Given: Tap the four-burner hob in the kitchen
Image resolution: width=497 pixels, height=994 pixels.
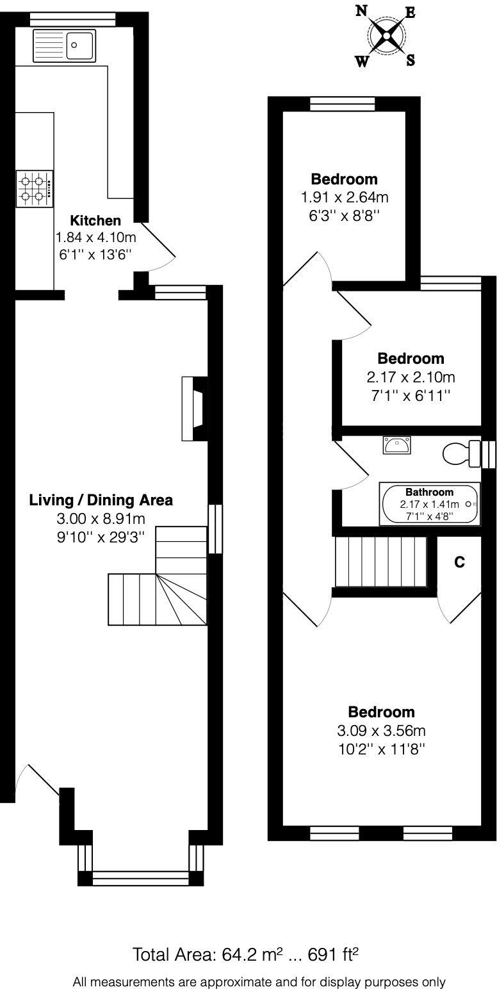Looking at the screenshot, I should click(x=35, y=189).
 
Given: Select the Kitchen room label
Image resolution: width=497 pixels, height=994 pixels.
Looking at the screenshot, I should click(x=95, y=221).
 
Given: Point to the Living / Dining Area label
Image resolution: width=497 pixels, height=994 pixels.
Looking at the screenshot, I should click(x=101, y=500).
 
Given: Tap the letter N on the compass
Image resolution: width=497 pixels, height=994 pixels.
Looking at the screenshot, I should click(x=361, y=11).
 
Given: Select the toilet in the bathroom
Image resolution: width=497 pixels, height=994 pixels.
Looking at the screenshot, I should click(x=462, y=453).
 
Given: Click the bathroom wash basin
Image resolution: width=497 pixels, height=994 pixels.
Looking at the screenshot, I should click(x=397, y=444).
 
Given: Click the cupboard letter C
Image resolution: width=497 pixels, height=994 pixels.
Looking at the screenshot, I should click(x=459, y=562).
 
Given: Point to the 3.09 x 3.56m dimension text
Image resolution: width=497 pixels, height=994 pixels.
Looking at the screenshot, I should click(x=381, y=730).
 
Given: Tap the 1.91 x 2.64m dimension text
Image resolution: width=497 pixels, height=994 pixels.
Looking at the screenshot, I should click(x=345, y=197).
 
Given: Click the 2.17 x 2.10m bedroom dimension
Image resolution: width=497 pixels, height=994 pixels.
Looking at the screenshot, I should click(x=411, y=377).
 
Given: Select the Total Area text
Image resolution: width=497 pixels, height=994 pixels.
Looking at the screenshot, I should click(x=245, y=955).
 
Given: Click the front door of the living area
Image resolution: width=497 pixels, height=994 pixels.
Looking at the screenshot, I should click(x=38, y=785).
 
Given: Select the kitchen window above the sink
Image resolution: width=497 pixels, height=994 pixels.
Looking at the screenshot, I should click(x=72, y=19).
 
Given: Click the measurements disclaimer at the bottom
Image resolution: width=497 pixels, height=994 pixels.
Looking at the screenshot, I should click(x=259, y=982).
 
